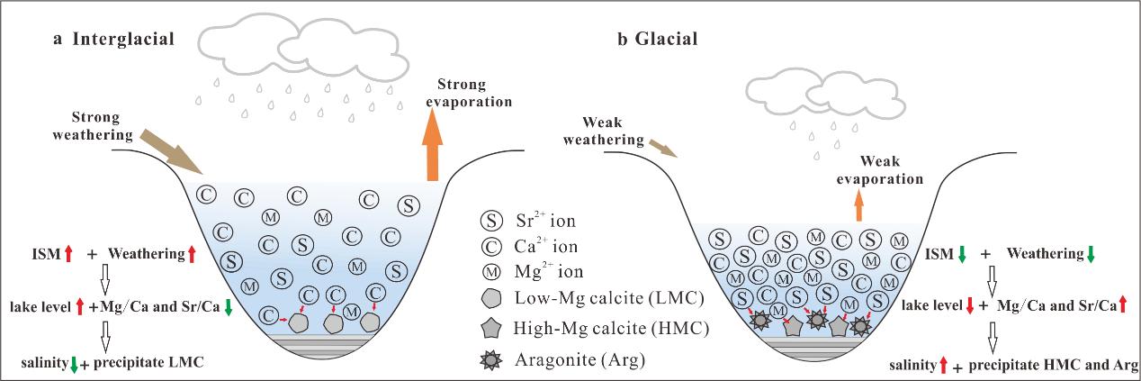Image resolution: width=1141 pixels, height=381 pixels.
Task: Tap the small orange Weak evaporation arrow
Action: tap(858, 206)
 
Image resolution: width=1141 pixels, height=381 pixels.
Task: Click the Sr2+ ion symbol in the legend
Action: tap(493, 220)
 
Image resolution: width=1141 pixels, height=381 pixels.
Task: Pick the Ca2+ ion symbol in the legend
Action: tap(493, 245)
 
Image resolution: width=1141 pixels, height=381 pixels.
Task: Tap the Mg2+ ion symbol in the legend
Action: tap(493, 269)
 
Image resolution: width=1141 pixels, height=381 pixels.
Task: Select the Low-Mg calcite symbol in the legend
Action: tap(493, 298)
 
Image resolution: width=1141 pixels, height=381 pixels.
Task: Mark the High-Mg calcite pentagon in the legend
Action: tap(493, 329)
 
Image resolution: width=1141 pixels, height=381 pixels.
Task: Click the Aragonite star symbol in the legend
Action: tap(493, 360)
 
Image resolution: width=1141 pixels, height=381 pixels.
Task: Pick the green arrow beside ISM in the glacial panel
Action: tap(962, 255)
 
